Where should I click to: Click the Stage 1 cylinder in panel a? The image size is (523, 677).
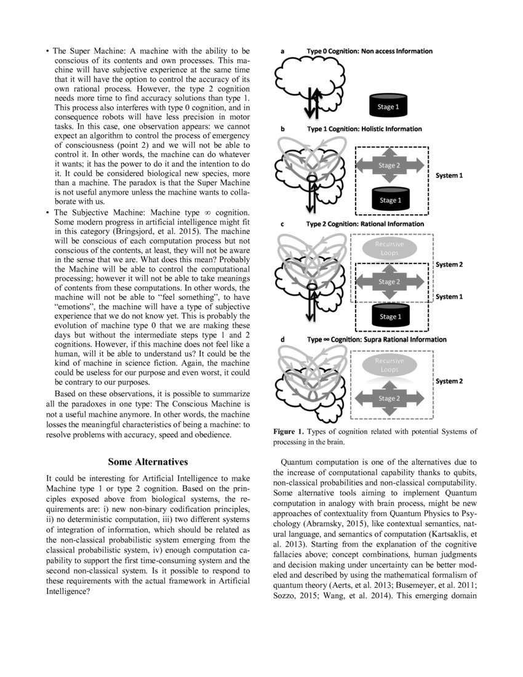pos(388,106)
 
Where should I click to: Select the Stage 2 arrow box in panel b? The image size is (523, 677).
pos(387,166)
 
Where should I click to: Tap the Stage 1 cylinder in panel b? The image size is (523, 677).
pos(388,199)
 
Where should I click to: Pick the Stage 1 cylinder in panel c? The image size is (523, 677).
pos(388,316)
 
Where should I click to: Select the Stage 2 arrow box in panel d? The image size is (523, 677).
pos(387,398)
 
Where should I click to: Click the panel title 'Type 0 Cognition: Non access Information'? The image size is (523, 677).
pos(369,51)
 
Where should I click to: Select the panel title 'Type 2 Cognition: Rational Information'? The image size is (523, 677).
pos(365,225)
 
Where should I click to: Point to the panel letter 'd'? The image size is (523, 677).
pos(282,339)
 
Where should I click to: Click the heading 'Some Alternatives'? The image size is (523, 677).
pos(148,461)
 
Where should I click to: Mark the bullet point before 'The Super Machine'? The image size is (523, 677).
pos(47,50)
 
